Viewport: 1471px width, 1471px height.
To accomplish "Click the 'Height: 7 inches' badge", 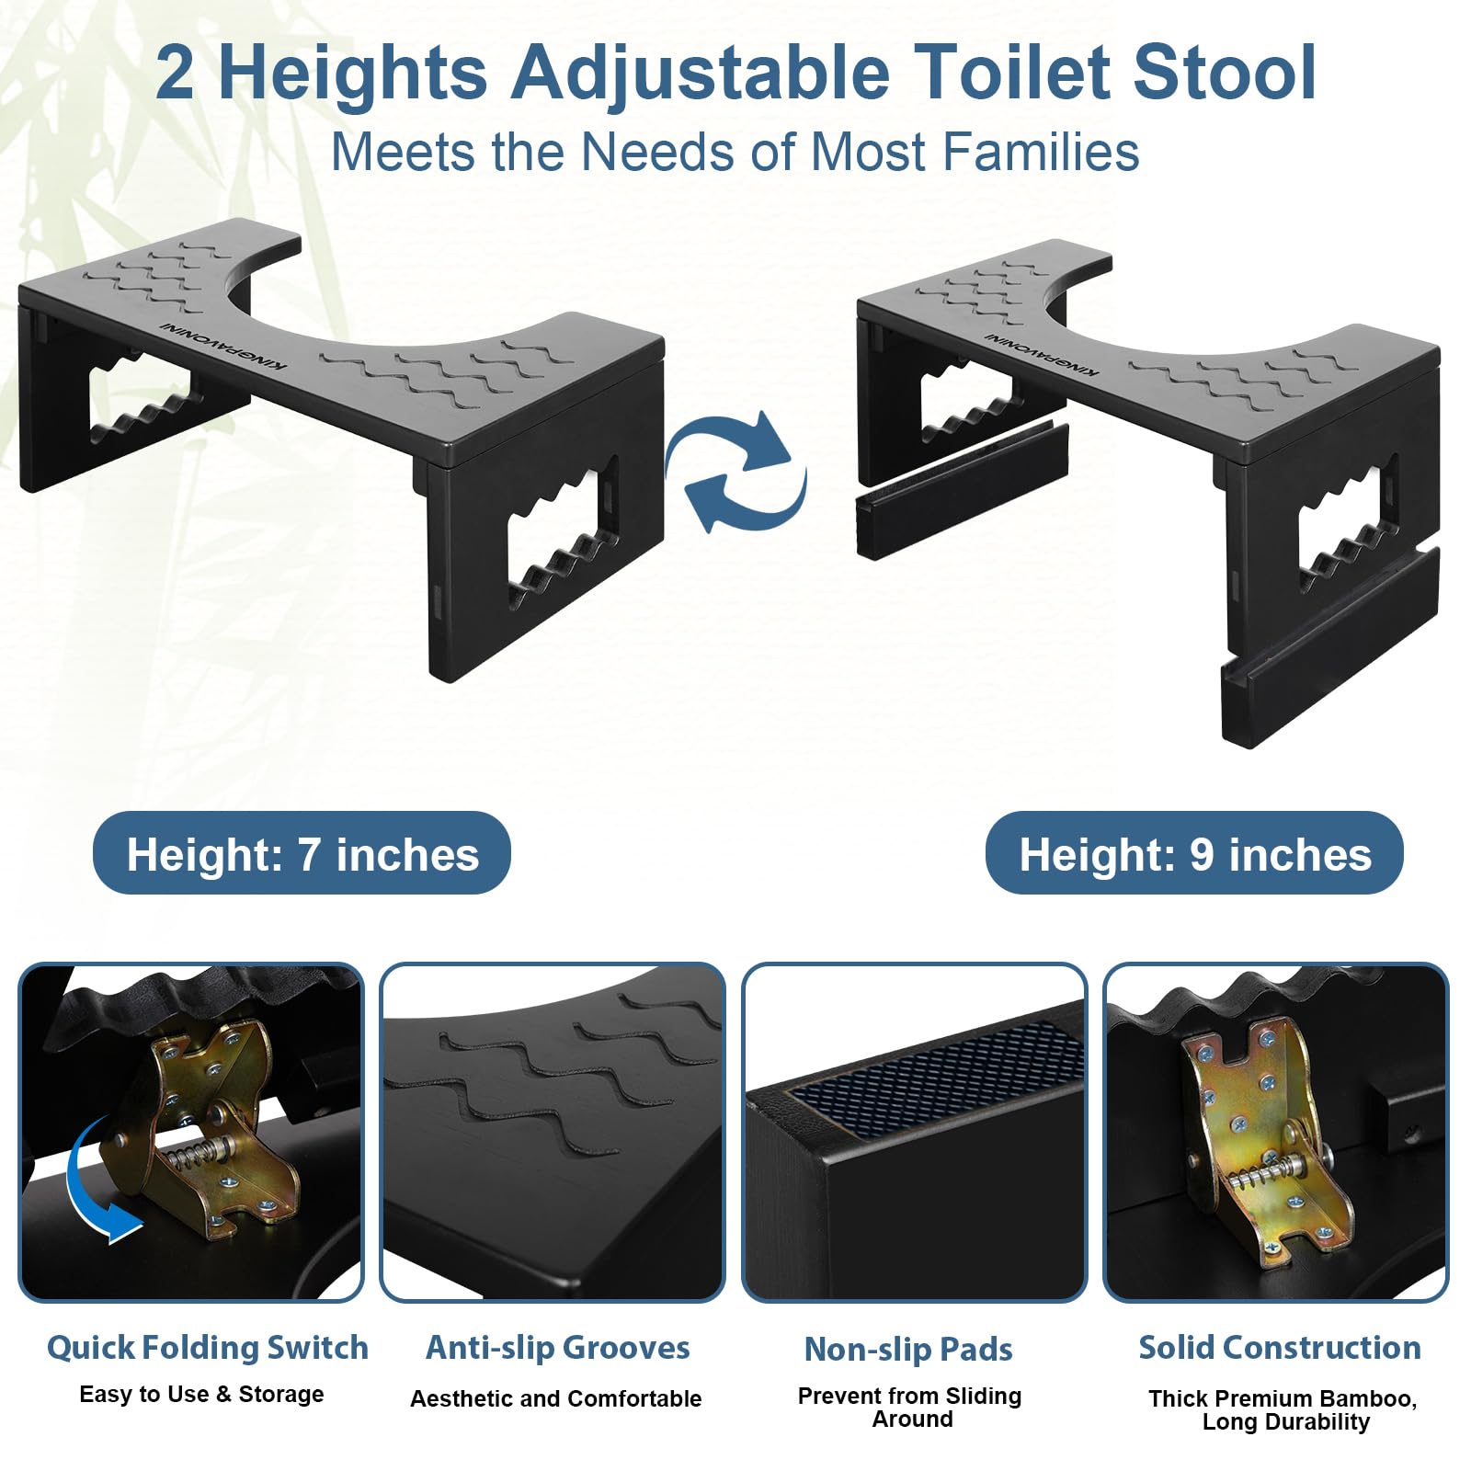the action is [302, 853].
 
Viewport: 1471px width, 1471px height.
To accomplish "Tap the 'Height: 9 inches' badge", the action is [1194, 853].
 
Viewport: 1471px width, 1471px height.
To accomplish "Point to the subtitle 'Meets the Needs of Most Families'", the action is [735, 152].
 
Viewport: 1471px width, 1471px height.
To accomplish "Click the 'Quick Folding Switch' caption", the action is [208, 1348].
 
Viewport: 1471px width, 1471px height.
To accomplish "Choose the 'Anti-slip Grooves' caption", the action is [557, 1348].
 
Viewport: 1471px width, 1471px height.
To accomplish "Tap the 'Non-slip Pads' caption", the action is [908, 1349].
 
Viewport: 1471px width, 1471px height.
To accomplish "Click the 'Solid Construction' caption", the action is [1280, 1348].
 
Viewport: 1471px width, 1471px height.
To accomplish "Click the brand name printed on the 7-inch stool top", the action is [223, 345].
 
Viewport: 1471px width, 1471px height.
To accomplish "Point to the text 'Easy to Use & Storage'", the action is [201, 1395].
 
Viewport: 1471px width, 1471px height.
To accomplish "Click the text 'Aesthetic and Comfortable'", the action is [556, 1398].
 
